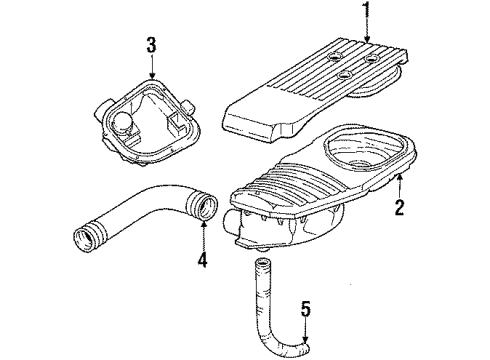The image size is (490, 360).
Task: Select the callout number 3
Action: coord(151,44)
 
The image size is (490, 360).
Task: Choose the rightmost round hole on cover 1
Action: coord(371,59)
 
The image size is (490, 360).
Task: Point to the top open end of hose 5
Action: coord(264,264)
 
